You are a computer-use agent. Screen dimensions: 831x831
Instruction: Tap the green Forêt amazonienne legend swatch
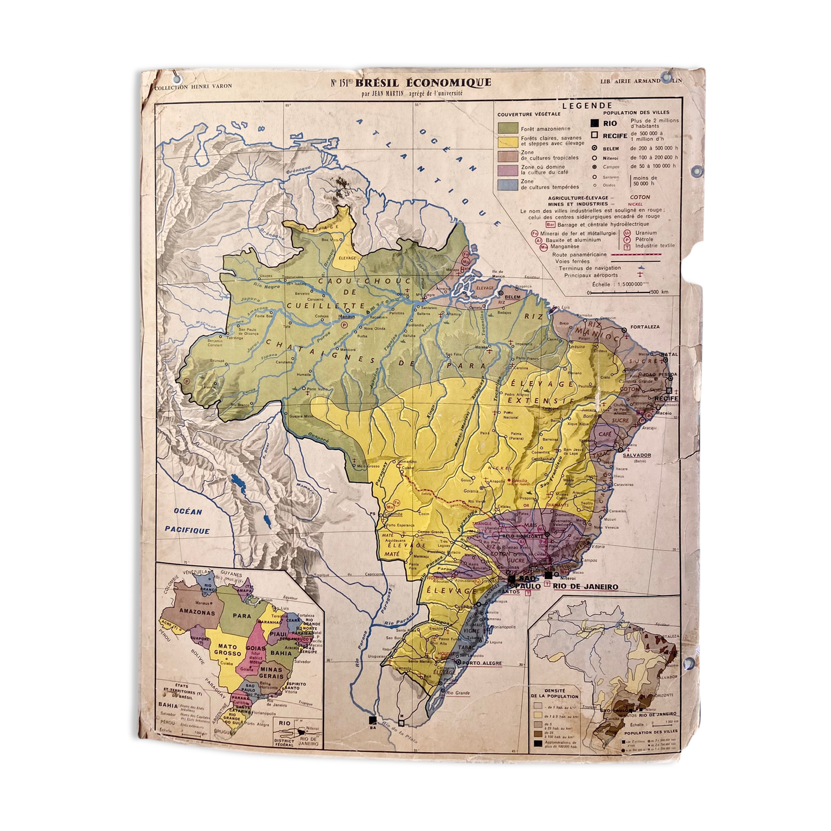507,128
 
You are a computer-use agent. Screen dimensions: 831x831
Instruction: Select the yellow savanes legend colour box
507,141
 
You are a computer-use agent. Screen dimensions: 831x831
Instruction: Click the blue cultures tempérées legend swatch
507,184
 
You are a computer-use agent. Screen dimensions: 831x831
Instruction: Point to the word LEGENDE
587,106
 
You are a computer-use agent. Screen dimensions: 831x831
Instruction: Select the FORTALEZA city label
644,327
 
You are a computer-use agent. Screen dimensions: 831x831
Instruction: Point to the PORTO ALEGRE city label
482,663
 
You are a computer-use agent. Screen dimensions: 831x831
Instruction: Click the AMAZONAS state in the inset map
197,612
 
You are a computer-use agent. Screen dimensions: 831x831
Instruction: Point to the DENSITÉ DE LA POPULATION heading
555,693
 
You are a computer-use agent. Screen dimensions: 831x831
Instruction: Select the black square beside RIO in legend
594,123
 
